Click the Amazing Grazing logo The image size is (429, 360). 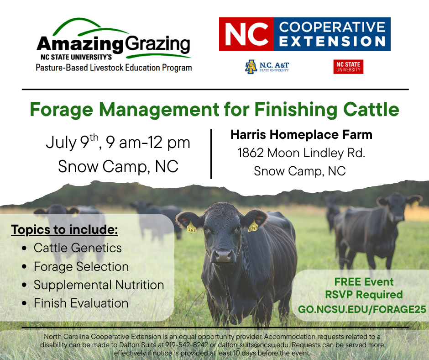114,45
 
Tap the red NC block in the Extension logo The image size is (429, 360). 246,34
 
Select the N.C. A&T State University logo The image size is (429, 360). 267,67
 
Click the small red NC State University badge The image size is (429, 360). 348,67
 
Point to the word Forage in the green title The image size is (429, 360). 61,110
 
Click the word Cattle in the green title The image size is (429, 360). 371,109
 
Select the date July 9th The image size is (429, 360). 72,142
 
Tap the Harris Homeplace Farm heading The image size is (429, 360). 301,134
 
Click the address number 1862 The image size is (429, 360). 251,153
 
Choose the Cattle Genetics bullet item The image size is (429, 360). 78,248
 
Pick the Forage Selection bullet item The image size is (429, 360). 81,267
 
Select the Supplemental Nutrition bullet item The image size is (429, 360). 99,285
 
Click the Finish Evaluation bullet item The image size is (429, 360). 81,303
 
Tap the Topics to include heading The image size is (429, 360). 64,230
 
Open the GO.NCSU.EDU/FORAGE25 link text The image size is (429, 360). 362,309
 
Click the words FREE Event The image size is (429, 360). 364,281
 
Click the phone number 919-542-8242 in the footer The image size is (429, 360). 187,344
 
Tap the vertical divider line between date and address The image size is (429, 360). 211,154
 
